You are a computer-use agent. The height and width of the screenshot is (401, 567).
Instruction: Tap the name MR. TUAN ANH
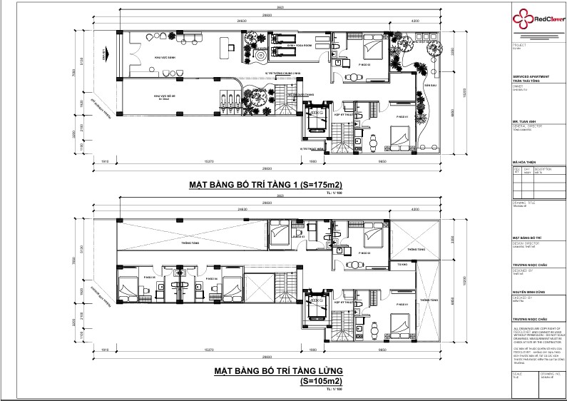(x=525, y=121)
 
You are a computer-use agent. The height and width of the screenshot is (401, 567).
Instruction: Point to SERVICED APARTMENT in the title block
(x=530, y=78)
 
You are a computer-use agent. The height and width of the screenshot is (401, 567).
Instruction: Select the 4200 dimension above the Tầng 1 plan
(x=414, y=21)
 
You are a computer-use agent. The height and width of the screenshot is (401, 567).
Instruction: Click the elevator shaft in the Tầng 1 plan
(x=315, y=121)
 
